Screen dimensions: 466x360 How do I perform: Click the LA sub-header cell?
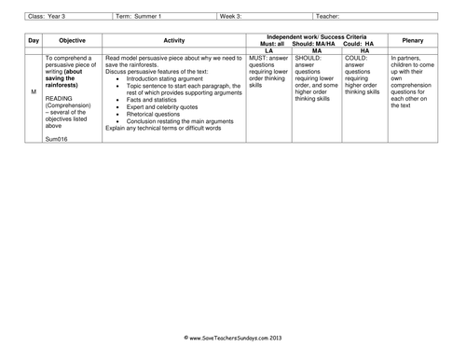coord(268,50)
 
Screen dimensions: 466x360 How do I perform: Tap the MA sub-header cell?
coord(316,50)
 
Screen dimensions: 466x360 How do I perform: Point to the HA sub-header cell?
coord(364,50)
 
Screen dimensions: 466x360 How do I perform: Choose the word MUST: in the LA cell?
coord(260,58)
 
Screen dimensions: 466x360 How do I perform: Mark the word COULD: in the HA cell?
coord(357,58)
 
